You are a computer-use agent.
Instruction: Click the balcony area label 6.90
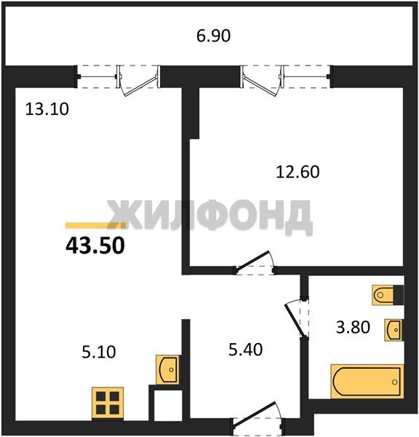point(214,36)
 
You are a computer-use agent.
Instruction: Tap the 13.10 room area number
point(47,109)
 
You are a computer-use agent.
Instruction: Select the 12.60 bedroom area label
point(298,172)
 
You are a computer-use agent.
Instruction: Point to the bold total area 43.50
point(95,245)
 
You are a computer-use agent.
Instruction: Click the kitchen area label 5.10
point(99,352)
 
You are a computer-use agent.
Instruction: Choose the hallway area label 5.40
point(246,350)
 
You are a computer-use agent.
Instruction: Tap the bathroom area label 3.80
point(353,327)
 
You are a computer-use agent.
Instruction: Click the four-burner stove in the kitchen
point(108,403)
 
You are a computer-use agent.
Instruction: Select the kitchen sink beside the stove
point(167,369)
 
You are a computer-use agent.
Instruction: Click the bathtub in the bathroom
point(367,381)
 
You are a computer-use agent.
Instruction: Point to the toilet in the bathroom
point(388,295)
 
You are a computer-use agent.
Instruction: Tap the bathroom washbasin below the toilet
point(394,330)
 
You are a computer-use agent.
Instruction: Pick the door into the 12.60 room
point(255,263)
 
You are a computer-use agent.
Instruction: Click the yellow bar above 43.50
point(95,226)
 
